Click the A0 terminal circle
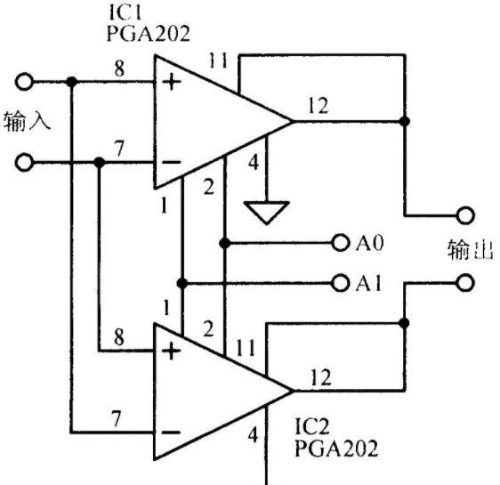[x=340, y=243]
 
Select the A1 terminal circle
[x=340, y=283]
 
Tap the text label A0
[x=369, y=243]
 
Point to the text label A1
[x=368, y=283]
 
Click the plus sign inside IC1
[x=172, y=83]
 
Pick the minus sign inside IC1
[x=172, y=162]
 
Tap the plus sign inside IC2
[x=172, y=352]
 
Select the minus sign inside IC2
[x=172, y=432]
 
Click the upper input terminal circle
[x=24, y=82]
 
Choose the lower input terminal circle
[x=24, y=163]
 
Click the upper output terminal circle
[x=465, y=215]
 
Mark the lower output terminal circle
[x=465, y=283]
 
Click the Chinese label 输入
[x=27, y=121]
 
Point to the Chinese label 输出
[x=471, y=250]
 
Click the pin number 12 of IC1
[x=319, y=106]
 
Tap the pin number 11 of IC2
[x=246, y=348]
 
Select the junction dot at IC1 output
[x=405, y=121]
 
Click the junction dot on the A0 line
[x=224, y=243]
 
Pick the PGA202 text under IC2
[x=336, y=448]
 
